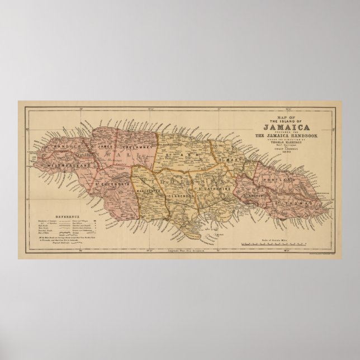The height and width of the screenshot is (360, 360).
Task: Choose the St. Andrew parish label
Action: click(x=257, y=196)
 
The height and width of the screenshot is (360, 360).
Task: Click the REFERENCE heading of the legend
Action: click(x=68, y=216)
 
